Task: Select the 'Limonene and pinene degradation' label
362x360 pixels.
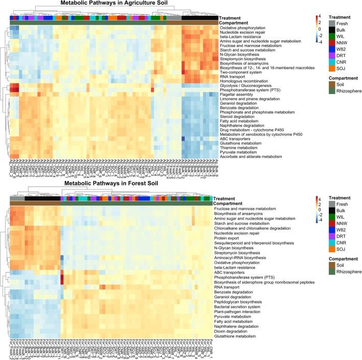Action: [x=250, y=98]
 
